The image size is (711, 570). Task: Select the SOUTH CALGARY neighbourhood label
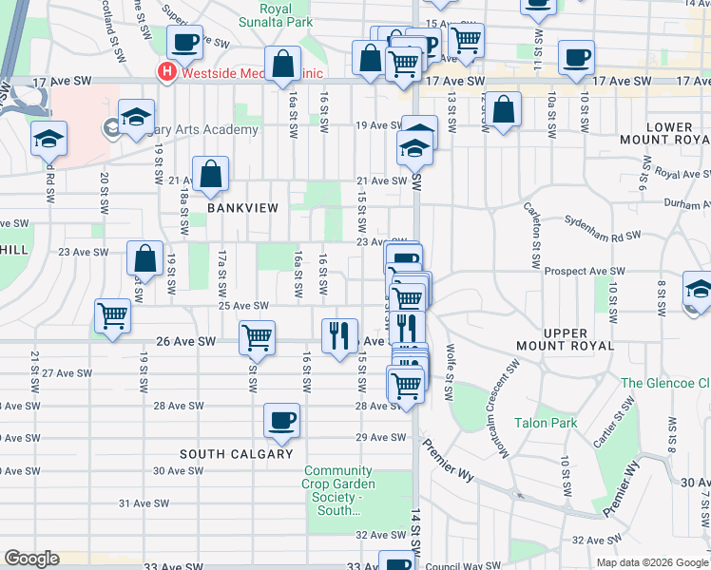236,454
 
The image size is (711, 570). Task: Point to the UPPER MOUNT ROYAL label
567,339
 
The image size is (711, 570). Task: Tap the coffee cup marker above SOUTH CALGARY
281,420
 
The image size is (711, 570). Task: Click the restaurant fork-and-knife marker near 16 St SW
339,335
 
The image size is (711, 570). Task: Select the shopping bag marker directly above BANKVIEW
210,174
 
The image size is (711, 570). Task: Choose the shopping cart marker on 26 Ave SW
257,337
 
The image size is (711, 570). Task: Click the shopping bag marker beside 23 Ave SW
144,258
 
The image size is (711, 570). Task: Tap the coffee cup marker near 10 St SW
575,58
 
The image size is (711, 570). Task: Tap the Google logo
31,559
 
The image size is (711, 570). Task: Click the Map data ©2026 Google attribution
651,562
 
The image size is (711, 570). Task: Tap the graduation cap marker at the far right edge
698,289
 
